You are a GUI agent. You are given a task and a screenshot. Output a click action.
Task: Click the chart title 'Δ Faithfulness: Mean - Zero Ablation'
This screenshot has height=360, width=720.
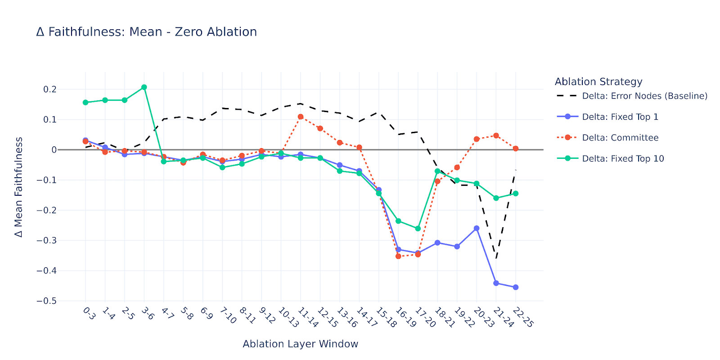(x=147, y=32)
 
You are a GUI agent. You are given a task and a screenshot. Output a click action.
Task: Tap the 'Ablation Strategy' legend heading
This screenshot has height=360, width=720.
(x=598, y=81)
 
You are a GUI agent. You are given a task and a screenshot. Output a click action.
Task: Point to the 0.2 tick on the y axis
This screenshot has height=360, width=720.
(x=50, y=90)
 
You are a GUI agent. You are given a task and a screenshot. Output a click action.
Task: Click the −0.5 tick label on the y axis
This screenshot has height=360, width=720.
(x=47, y=301)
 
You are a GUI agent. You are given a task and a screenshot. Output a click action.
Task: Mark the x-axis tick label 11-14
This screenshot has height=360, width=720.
(x=308, y=317)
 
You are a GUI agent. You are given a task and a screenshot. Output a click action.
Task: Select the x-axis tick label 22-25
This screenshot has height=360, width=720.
(x=523, y=317)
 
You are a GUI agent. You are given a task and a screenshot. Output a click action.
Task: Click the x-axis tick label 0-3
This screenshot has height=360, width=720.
(x=89, y=313)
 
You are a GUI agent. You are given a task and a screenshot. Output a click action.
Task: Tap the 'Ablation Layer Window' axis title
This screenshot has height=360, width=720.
(x=300, y=344)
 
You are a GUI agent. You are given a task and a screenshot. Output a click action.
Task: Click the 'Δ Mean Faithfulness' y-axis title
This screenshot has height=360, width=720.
(x=18, y=187)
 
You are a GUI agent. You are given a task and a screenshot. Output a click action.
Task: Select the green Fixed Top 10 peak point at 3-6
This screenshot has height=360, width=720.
(x=144, y=87)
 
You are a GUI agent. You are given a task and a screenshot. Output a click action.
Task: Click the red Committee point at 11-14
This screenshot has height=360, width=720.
(x=301, y=117)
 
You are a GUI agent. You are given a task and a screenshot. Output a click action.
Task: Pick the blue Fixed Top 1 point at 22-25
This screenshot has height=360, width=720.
(x=516, y=287)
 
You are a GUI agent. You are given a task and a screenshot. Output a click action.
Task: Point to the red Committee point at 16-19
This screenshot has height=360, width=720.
(x=398, y=256)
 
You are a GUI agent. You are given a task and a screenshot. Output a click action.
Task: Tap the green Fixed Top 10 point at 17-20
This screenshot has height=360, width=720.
(x=418, y=229)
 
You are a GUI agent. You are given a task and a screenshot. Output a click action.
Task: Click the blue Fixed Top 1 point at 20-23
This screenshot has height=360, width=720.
(x=477, y=228)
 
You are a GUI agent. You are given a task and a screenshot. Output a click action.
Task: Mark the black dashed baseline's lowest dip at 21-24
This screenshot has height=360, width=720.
(x=496, y=258)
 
